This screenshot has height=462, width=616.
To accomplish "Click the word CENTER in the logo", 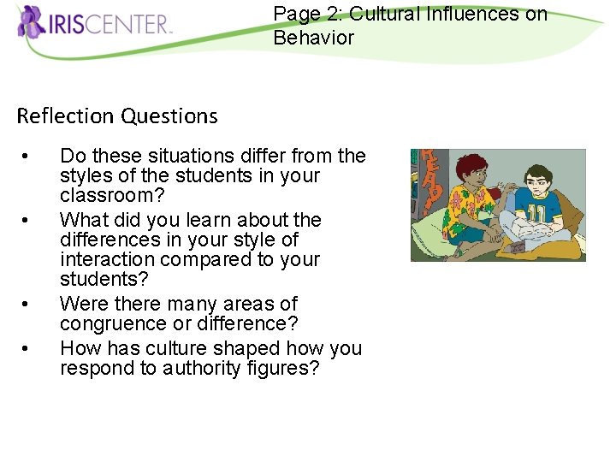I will point(137,23).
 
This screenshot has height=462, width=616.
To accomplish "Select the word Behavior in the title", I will point(313,38).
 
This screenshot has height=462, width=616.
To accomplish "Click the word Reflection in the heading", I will point(65,115).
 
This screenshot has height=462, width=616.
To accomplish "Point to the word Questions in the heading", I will point(169,115).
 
